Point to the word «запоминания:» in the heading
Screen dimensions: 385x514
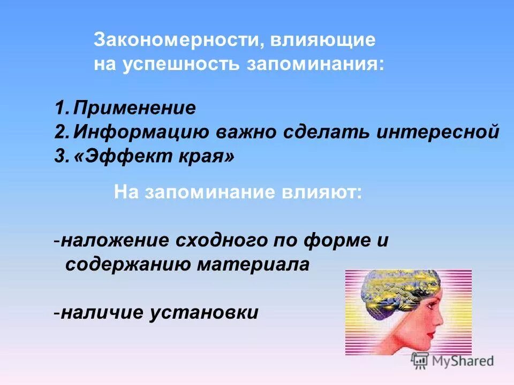coord(315,64)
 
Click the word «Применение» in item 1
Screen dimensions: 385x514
coord(135,109)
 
